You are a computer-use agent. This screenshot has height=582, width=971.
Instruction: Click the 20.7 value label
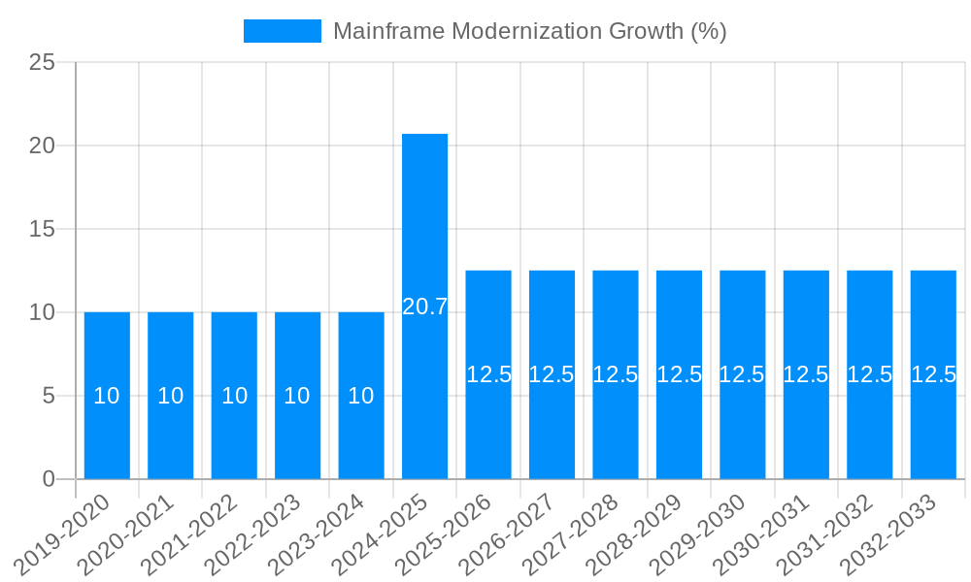click(425, 307)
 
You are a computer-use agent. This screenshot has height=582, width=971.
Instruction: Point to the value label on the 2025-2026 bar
click(488, 374)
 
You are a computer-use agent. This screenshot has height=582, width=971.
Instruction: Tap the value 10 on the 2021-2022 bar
click(234, 396)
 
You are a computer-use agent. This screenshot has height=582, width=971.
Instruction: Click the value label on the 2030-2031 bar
click(806, 374)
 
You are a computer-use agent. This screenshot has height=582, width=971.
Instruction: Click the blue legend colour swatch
click(282, 31)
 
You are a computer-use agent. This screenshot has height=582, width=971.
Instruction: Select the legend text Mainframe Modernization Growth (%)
click(530, 31)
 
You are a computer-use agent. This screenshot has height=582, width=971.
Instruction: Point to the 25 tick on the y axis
click(42, 63)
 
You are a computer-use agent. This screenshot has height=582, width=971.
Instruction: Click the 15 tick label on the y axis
click(42, 230)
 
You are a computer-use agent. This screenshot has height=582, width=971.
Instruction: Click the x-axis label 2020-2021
click(127, 533)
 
